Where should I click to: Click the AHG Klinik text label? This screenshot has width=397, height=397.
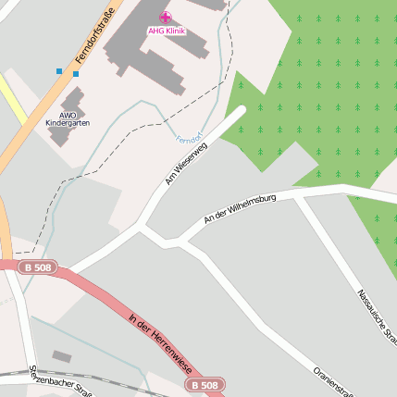click(x=166, y=31)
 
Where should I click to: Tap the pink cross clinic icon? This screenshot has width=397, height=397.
click(x=166, y=17)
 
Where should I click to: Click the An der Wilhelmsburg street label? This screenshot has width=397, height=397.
click(x=240, y=210)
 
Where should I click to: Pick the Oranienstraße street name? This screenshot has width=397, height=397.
click(x=333, y=379)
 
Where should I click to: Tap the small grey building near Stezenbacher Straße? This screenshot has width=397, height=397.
click(x=61, y=356)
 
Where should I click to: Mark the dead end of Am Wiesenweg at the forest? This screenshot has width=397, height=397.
click(x=242, y=110)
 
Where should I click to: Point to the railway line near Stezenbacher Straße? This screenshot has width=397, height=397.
click(x=93, y=379)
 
